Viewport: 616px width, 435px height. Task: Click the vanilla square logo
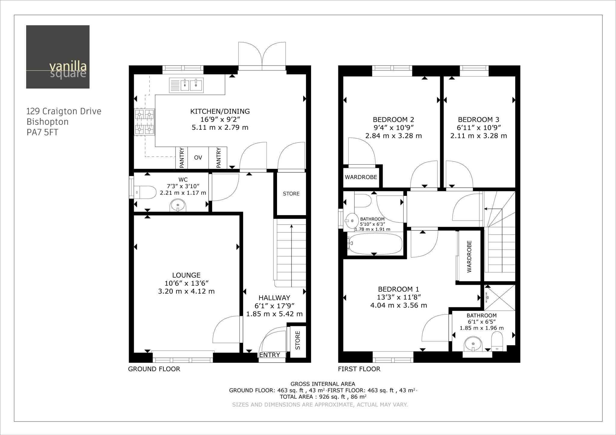[58, 57]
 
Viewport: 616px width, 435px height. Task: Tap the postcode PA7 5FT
[42, 132]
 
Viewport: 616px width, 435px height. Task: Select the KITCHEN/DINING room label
[220, 111]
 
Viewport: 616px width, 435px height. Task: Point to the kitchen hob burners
[145, 122]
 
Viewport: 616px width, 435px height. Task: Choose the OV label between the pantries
[198, 158]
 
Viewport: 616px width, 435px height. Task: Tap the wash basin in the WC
[178, 206]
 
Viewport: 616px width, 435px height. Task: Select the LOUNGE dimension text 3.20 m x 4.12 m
[186, 291]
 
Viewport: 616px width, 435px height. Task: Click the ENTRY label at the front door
[269, 355]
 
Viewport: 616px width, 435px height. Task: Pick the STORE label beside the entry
[298, 340]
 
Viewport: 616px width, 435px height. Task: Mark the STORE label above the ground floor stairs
[291, 194]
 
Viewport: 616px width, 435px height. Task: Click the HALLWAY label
[274, 298]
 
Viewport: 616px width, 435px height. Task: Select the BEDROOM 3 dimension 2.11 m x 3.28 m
[479, 136]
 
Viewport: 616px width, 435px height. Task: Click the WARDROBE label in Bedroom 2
[361, 177]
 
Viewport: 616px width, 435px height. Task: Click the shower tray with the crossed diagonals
[500, 298]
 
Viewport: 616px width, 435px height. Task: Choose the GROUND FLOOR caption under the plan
[154, 369]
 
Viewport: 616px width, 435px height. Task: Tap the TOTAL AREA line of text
[323, 397]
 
